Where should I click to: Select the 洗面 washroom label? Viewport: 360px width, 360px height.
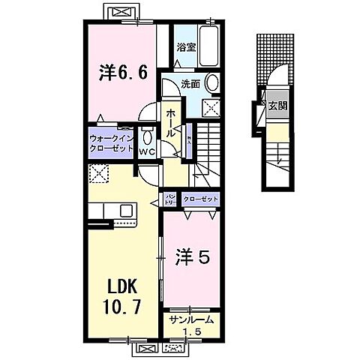[x=190, y=84]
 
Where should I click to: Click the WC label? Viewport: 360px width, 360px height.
[x=146, y=150]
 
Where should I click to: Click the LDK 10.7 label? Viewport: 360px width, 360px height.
[x=119, y=298]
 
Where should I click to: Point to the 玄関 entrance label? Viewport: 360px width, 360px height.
[x=277, y=106]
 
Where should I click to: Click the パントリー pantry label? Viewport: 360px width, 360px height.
[x=171, y=199]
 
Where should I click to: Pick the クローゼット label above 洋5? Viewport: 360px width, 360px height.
[x=200, y=199]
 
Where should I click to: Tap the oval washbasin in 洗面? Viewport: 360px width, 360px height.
[x=212, y=84]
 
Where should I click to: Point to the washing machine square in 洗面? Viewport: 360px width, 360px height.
[x=211, y=107]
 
